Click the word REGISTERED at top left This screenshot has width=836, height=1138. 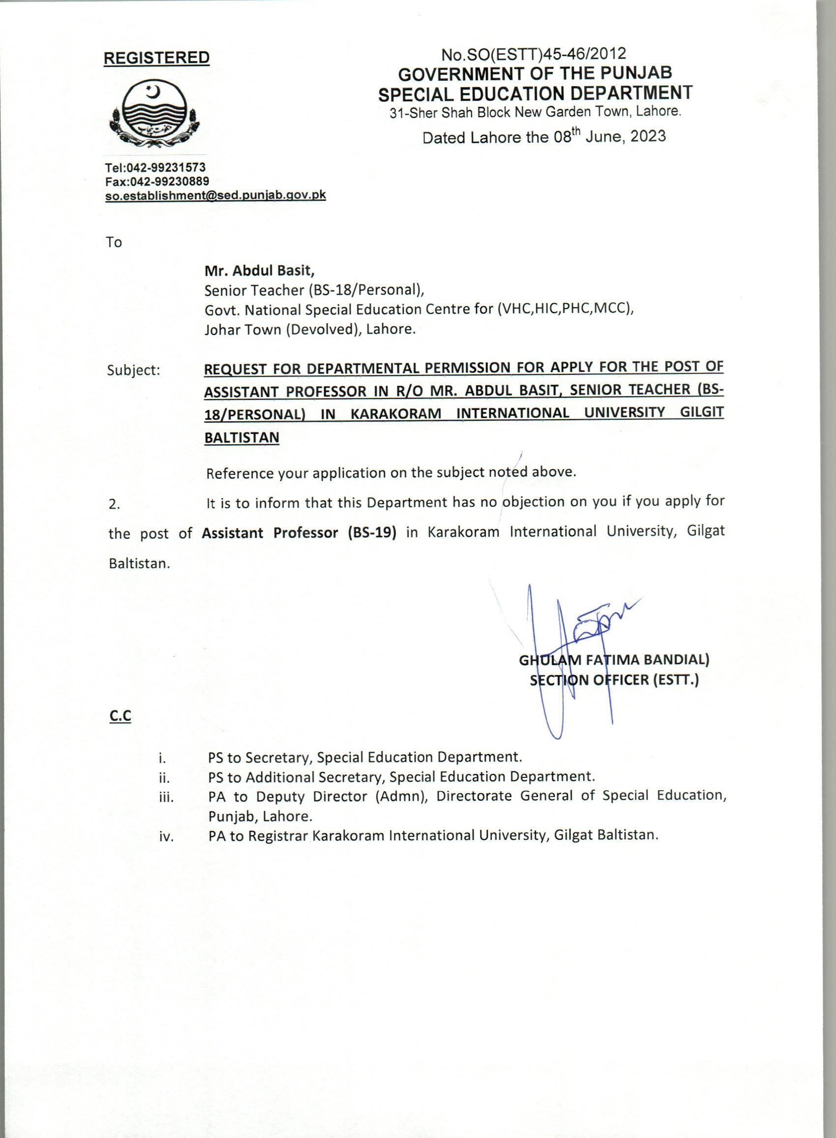click(x=156, y=58)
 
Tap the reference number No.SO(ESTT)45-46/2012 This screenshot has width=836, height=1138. click(x=534, y=54)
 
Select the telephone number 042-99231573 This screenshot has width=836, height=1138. click(x=166, y=168)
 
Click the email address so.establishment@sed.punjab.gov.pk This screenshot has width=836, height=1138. click(x=215, y=195)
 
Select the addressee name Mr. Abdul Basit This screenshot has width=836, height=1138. click(x=259, y=271)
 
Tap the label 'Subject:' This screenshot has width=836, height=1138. click(x=134, y=370)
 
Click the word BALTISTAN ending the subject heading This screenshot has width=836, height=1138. click(x=241, y=437)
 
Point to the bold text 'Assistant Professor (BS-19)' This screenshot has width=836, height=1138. click(x=299, y=533)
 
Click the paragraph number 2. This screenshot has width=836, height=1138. click(x=115, y=505)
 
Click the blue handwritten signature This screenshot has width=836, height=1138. click(x=567, y=648)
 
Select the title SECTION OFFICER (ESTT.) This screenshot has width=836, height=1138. click(x=614, y=680)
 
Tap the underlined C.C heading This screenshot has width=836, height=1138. click(x=120, y=716)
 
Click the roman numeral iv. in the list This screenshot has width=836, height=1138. click(x=166, y=837)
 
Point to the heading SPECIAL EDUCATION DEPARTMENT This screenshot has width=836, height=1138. click(x=536, y=93)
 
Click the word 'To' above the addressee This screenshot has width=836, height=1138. click(x=114, y=243)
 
